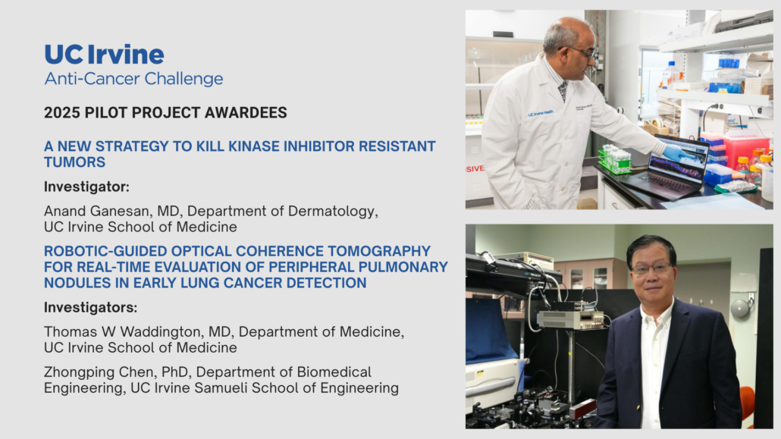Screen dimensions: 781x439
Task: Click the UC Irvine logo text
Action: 104,55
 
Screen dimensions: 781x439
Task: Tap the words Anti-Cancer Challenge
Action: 133,79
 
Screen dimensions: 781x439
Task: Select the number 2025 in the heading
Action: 61,113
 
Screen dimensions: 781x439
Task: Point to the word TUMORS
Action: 75,162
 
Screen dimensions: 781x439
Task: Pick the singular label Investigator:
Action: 86,187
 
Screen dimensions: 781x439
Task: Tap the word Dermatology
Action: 333,212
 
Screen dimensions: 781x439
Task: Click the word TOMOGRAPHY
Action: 376,251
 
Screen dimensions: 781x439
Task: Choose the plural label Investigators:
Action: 91,307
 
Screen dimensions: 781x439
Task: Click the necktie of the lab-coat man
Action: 563,91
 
